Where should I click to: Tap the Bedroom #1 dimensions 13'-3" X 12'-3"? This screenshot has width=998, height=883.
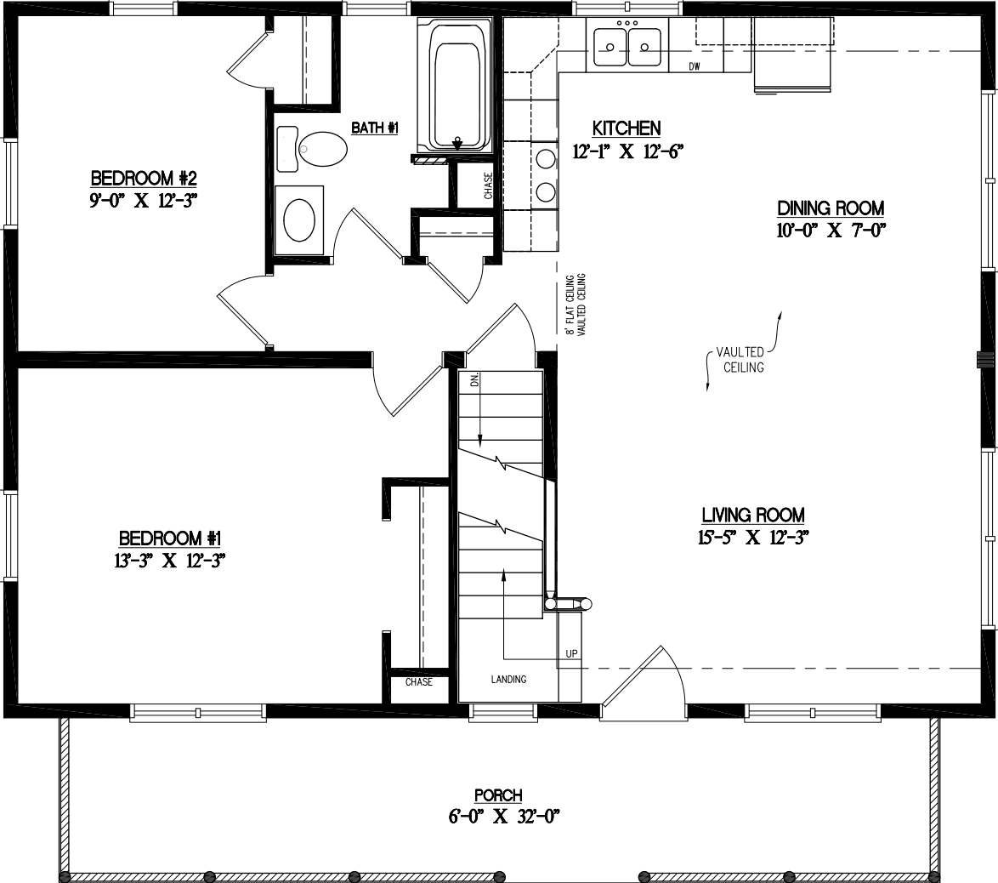170,560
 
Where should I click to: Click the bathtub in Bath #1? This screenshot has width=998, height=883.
459,84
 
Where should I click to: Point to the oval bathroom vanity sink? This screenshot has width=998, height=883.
298,219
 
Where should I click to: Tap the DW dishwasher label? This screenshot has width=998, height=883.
694,67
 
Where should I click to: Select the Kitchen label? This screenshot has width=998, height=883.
627,128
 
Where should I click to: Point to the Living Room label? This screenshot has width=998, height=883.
753,515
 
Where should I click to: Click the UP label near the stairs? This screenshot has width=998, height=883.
572,653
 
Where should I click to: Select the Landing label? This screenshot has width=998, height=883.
508,679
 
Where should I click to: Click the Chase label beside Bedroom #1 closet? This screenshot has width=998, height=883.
418,682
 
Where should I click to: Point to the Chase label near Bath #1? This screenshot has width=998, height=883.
488,185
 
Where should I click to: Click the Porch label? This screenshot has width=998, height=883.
498,795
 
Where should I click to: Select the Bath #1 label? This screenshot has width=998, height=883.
375,128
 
